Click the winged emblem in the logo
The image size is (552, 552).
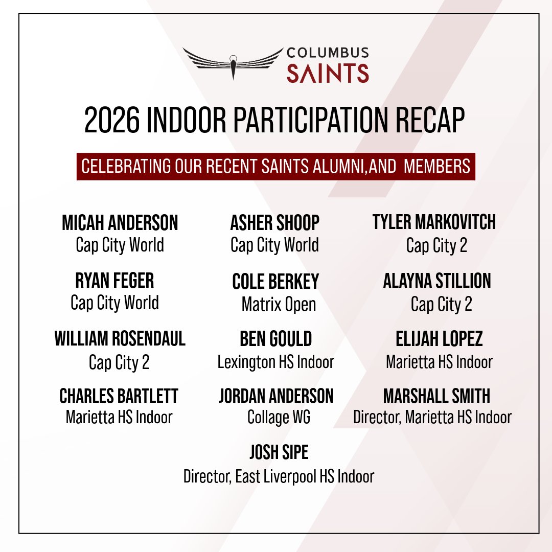(x=233, y=62)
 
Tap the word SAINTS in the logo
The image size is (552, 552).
(x=328, y=73)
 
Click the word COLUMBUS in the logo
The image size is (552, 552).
(x=328, y=53)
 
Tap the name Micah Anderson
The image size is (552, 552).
(x=120, y=222)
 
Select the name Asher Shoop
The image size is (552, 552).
(x=275, y=222)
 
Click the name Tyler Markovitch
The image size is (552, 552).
(x=434, y=222)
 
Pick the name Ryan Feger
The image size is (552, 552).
(x=114, y=281)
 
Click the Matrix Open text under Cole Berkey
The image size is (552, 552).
(x=279, y=305)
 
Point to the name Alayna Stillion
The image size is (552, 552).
(x=437, y=281)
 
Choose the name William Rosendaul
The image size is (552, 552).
(x=120, y=338)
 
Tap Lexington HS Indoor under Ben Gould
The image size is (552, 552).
(x=275, y=362)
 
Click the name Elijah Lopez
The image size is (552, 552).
(x=439, y=338)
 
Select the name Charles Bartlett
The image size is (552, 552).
(x=119, y=396)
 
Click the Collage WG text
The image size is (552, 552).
(x=279, y=418)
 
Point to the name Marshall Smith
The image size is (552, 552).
(x=436, y=396)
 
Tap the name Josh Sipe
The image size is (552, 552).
(x=279, y=452)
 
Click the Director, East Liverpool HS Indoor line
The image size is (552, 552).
(x=279, y=477)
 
